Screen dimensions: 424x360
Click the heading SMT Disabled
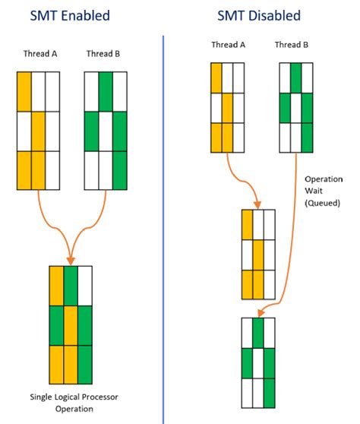[257, 15]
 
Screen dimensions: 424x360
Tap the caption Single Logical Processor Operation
[73, 403]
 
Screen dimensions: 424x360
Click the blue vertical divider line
[164, 228]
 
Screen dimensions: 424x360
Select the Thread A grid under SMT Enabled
[38, 130]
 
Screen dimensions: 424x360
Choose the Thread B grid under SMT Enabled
[106, 130]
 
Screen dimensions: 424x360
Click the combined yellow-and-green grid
[71, 325]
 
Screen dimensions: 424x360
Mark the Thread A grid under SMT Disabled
[228, 107]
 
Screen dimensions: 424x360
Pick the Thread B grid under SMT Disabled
[295, 107]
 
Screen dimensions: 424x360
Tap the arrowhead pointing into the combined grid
[70, 259]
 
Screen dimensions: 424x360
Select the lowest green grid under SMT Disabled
[257, 362]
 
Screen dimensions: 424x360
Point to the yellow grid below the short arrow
[257, 255]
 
